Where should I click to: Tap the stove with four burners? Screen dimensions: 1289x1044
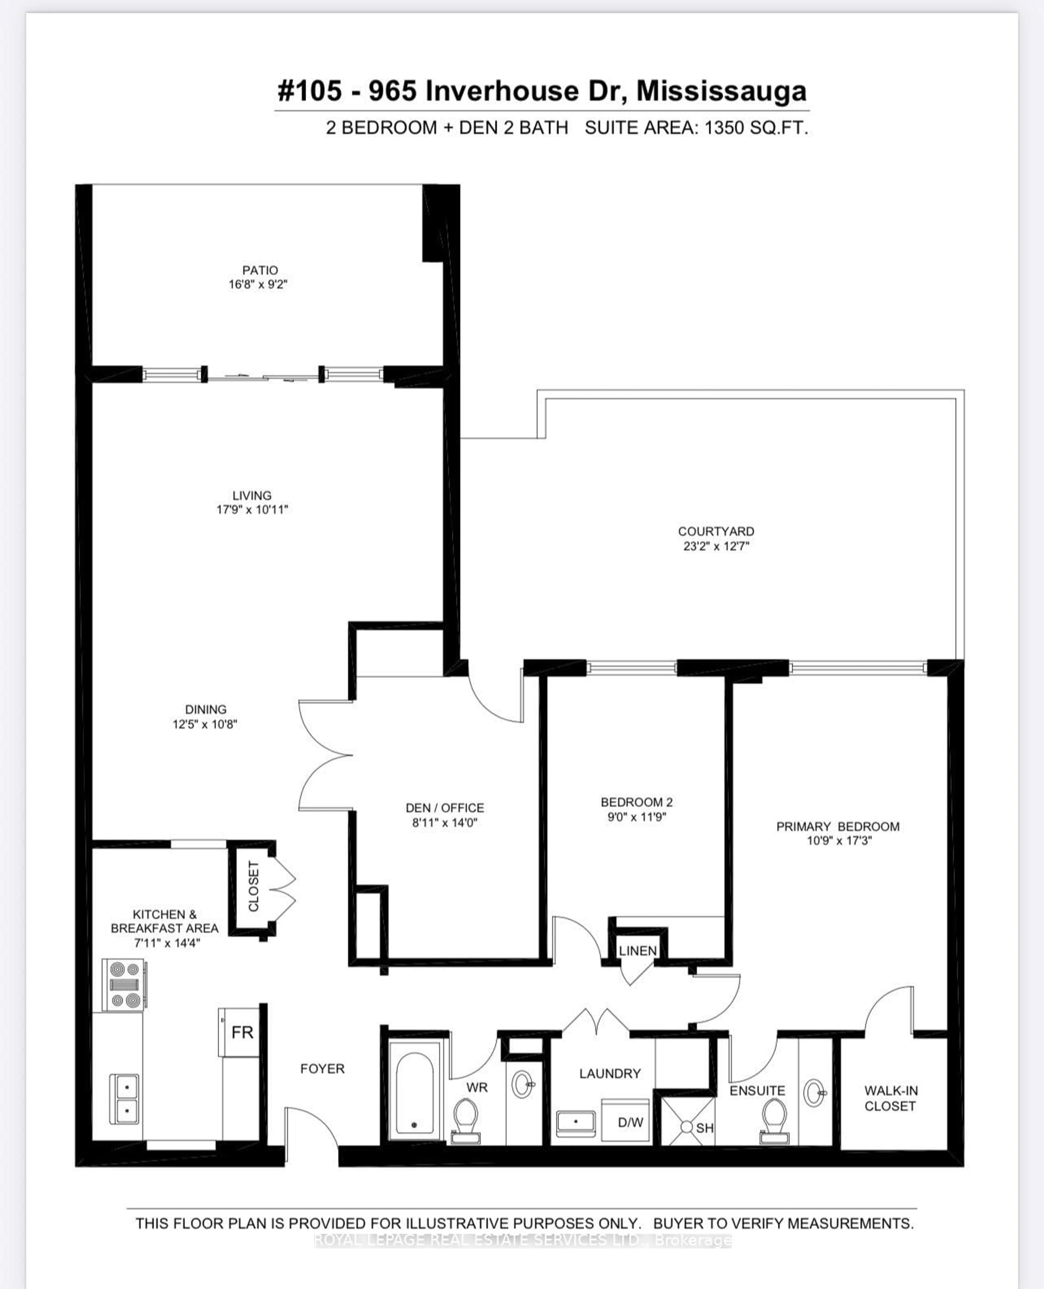point(124,985)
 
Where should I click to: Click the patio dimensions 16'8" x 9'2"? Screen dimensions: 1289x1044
point(258,284)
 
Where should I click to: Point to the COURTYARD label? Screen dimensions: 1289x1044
point(716,531)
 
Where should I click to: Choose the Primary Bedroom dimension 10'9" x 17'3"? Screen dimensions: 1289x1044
point(839,840)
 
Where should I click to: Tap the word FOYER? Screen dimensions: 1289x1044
point(322,1068)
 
